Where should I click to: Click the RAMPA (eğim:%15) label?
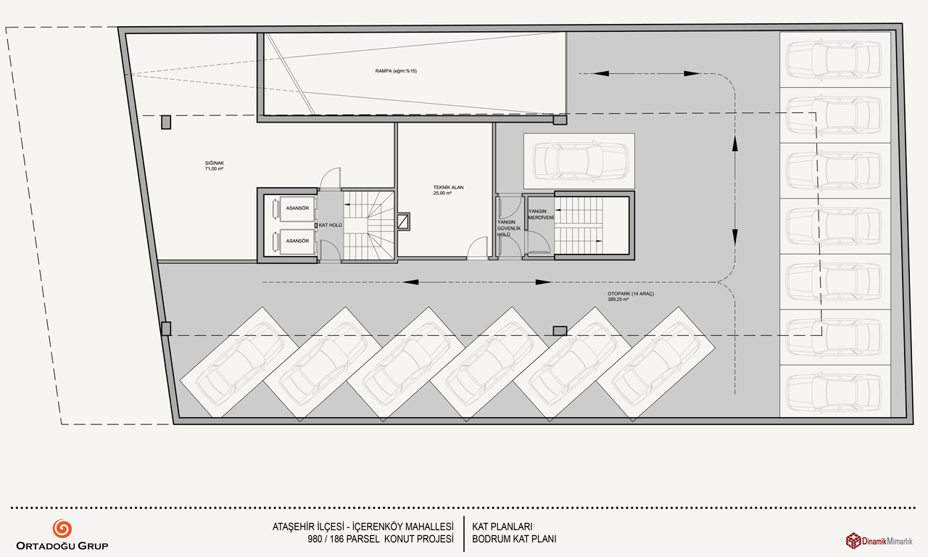pyautogui.click(x=396, y=71)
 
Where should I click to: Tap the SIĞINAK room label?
pyautogui.click(x=214, y=163)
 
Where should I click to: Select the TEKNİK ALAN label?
pyautogui.click(x=448, y=187)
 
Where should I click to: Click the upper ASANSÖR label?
pyautogui.click(x=297, y=208)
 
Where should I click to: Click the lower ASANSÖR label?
pyautogui.click(x=297, y=241)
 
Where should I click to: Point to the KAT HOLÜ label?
pyautogui.click(x=330, y=225)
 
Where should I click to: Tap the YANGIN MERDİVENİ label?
pyautogui.click(x=541, y=214)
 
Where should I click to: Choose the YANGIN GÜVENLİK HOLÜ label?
pyautogui.click(x=509, y=228)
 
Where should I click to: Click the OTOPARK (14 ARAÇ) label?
pyautogui.click(x=631, y=294)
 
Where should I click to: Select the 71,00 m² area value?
pyautogui.click(x=214, y=169)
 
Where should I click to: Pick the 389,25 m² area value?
pyautogui.click(x=618, y=300)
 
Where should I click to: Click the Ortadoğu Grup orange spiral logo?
pyautogui.click(x=62, y=529)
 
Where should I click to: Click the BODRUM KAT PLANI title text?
pyautogui.click(x=514, y=539)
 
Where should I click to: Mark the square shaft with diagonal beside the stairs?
pyautogui.click(x=403, y=222)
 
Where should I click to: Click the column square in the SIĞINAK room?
pyautogui.click(x=166, y=123)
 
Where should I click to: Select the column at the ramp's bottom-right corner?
pyautogui.click(x=560, y=120)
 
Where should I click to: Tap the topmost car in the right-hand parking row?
pyautogui.click(x=834, y=59)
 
